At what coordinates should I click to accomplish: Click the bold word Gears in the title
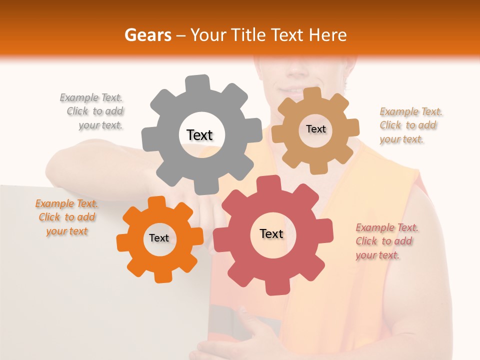click(147, 35)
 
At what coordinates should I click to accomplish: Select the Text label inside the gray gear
click(199, 135)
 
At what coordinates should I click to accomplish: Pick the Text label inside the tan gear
click(315, 129)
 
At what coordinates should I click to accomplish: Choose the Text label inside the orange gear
click(159, 238)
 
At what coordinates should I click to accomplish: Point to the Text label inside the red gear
click(271, 233)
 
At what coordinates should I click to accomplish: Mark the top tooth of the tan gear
click(312, 94)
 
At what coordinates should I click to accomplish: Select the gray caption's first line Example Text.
click(91, 97)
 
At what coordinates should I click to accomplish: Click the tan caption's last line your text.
click(401, 139)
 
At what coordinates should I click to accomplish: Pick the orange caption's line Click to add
click(67, 217)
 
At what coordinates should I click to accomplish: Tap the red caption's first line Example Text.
click(387, 227)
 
